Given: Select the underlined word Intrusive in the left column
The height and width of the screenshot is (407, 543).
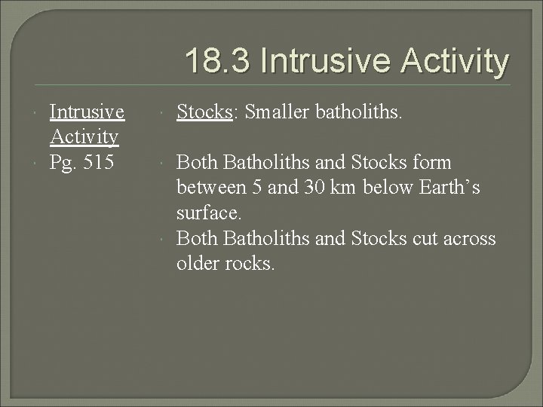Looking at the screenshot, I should click(x=87, y=112).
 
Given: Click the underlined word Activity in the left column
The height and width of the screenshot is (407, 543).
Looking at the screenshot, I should click(x=84, y=136).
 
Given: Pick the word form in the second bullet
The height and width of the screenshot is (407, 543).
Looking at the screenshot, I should click(x=432, y=162).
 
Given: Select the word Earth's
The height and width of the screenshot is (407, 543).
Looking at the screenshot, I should click(x=446, y=187).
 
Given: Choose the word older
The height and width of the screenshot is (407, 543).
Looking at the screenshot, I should click(x=199, y=264).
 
